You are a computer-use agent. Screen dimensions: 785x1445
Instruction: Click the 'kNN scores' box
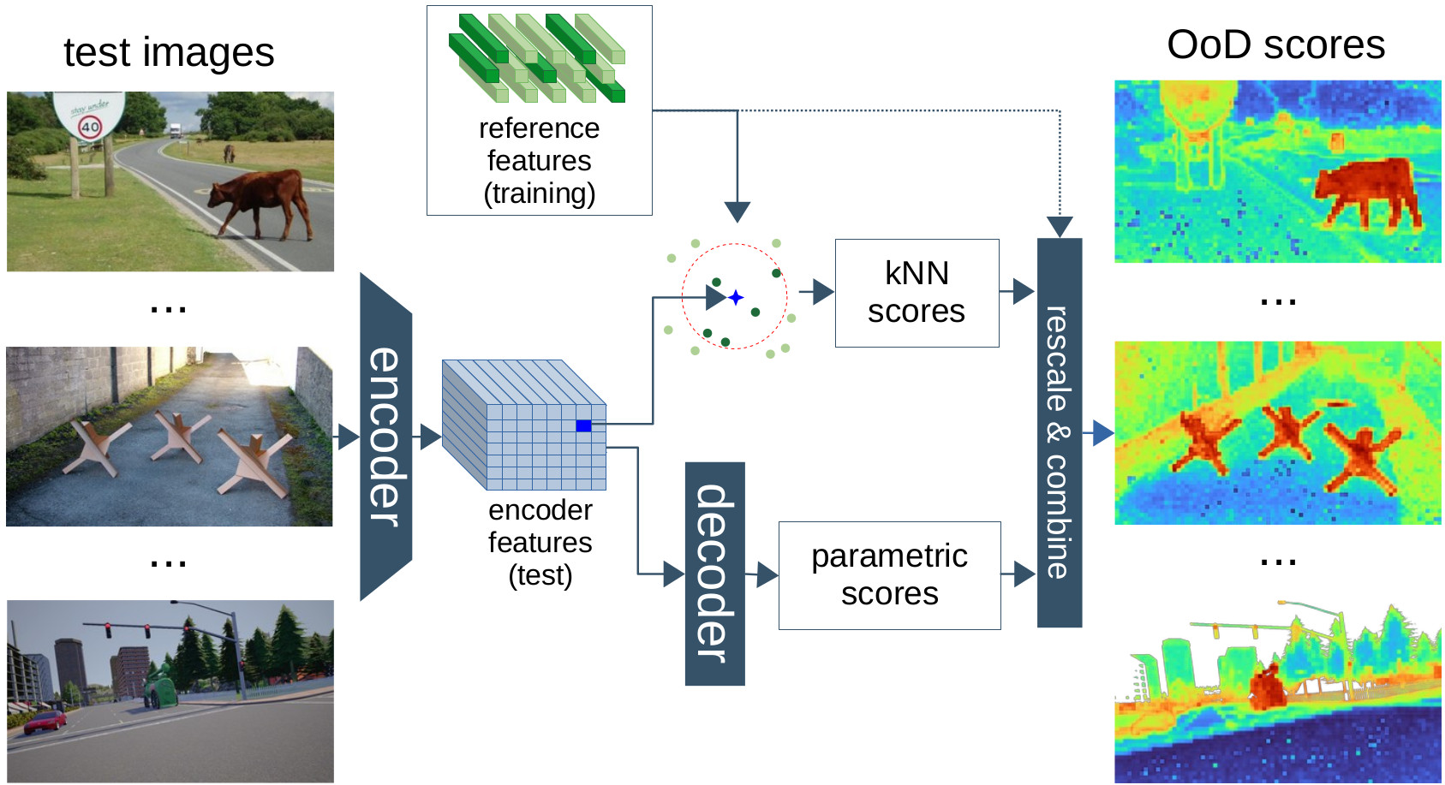(x=917, y=293)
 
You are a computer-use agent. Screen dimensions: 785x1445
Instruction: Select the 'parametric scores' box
(x=889, y=575)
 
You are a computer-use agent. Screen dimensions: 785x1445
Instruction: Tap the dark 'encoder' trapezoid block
(x=385, y=437)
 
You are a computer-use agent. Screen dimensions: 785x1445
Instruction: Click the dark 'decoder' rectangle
(x=714, y=574)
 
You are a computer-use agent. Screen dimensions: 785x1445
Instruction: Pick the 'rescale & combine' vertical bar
(x=1060, y=432)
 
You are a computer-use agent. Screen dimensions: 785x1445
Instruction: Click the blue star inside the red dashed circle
(x=736, y=298)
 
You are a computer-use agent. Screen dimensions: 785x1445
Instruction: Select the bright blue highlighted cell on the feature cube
(x=583, y=425)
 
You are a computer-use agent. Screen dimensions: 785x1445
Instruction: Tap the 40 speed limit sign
(x=90, y=128)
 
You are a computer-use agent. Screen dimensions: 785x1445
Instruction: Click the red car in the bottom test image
(x=45, y=723)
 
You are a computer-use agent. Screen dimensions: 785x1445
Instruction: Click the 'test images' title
(x=169, y=52)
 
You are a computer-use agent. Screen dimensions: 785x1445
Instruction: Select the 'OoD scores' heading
(x=1275, y=45)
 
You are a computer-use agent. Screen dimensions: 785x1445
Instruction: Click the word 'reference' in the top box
(x=539, y=128)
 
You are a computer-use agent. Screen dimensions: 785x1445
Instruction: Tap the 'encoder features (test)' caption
(x=540, y=542)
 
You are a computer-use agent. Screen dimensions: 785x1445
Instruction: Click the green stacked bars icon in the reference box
(x=537, y=57)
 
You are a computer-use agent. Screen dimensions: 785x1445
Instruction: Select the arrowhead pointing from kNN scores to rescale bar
(x=1023, y=291)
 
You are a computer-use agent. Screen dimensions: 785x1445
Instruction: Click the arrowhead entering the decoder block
(x=674, y=574)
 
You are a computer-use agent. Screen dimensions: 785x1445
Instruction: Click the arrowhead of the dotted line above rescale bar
(x=1060, y=227)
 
